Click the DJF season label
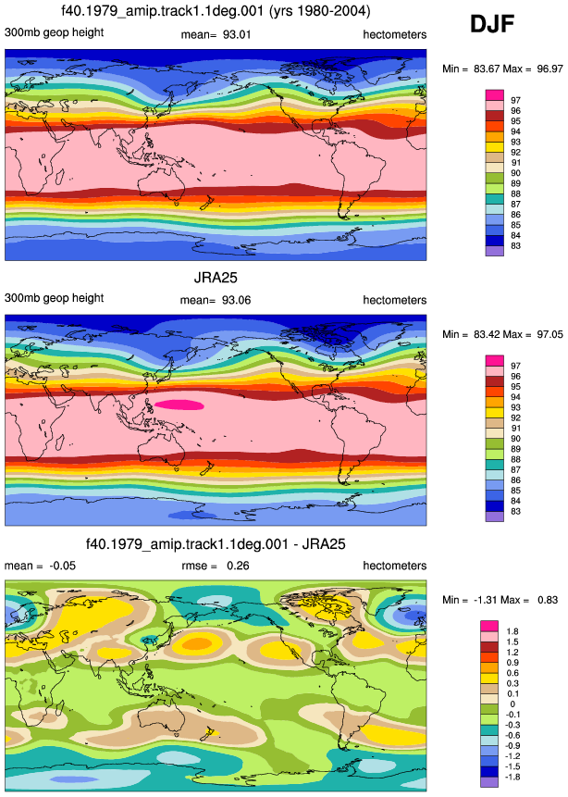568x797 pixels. click(x=492, y=24)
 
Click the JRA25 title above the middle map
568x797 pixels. click(x=216, y=278)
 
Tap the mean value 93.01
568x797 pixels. click(x=237, y=34)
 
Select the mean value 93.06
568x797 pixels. click(x=236, y=300)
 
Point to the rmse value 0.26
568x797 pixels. click(x=238, y=566)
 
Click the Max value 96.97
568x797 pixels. click(x=549, y=68)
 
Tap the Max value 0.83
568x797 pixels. click(x=547, y=600)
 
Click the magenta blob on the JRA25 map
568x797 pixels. click(x=179, y=405)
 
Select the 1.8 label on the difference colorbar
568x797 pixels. click(x=512, y=631)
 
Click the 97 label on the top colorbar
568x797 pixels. click(x=515, y=100)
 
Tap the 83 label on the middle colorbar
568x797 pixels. click(x=515, y=511)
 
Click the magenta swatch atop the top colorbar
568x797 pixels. click(x=494, y=95)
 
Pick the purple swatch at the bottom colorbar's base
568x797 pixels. click(x=489, y=782)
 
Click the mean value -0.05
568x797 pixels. click(x=63, y=566)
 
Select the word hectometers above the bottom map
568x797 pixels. click(x=395, y=566)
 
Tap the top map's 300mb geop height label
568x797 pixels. click(x=54, y=32)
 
